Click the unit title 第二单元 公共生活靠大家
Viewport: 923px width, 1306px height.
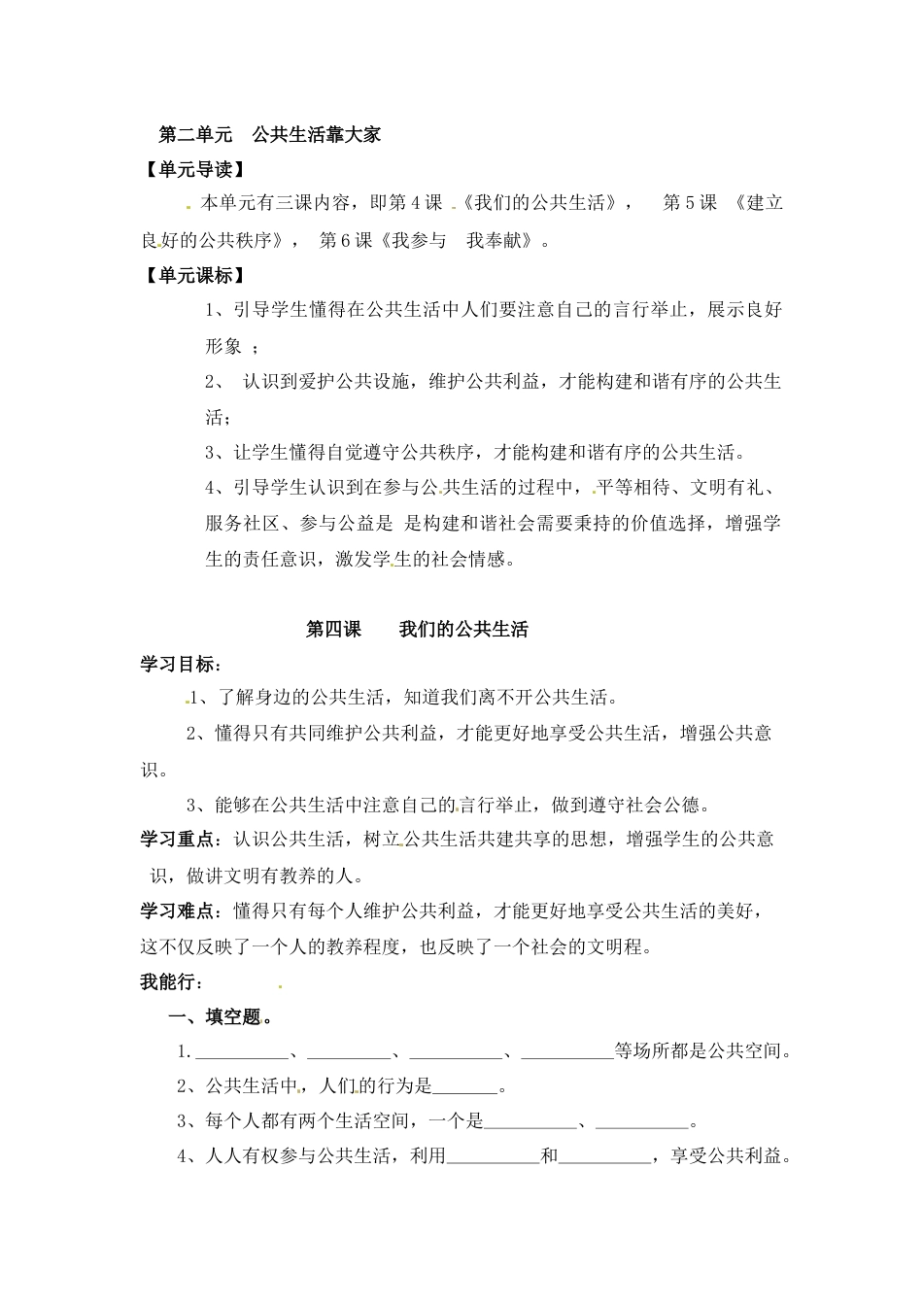pyautogui.click(x=269, y=134)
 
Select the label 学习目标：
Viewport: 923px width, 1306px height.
pyautogui.click(x=181, y=665)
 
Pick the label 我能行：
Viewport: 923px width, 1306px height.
pyautogui.click(x=172, y=981)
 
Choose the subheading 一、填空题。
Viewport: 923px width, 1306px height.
pyautogui.click(x=221, y=1017)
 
